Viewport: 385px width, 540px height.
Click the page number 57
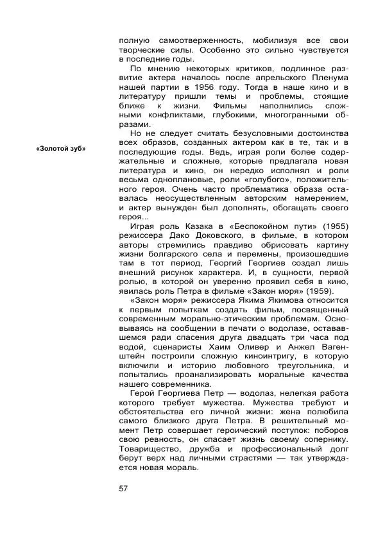click(x=124, y=489)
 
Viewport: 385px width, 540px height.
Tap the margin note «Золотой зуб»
click(x=61, y=149)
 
